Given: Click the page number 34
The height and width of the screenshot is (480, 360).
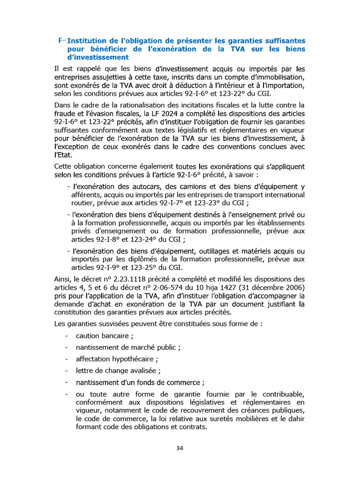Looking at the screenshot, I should pyautogui.click(x=180, y=448).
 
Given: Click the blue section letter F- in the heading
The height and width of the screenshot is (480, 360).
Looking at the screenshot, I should pyautogui.click(x=62, y=41).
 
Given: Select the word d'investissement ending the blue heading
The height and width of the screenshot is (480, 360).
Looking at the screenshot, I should pyautogui.click(x=97, y=58).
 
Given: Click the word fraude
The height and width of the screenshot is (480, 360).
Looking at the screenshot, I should pyautogui.click(x=67, y=113).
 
